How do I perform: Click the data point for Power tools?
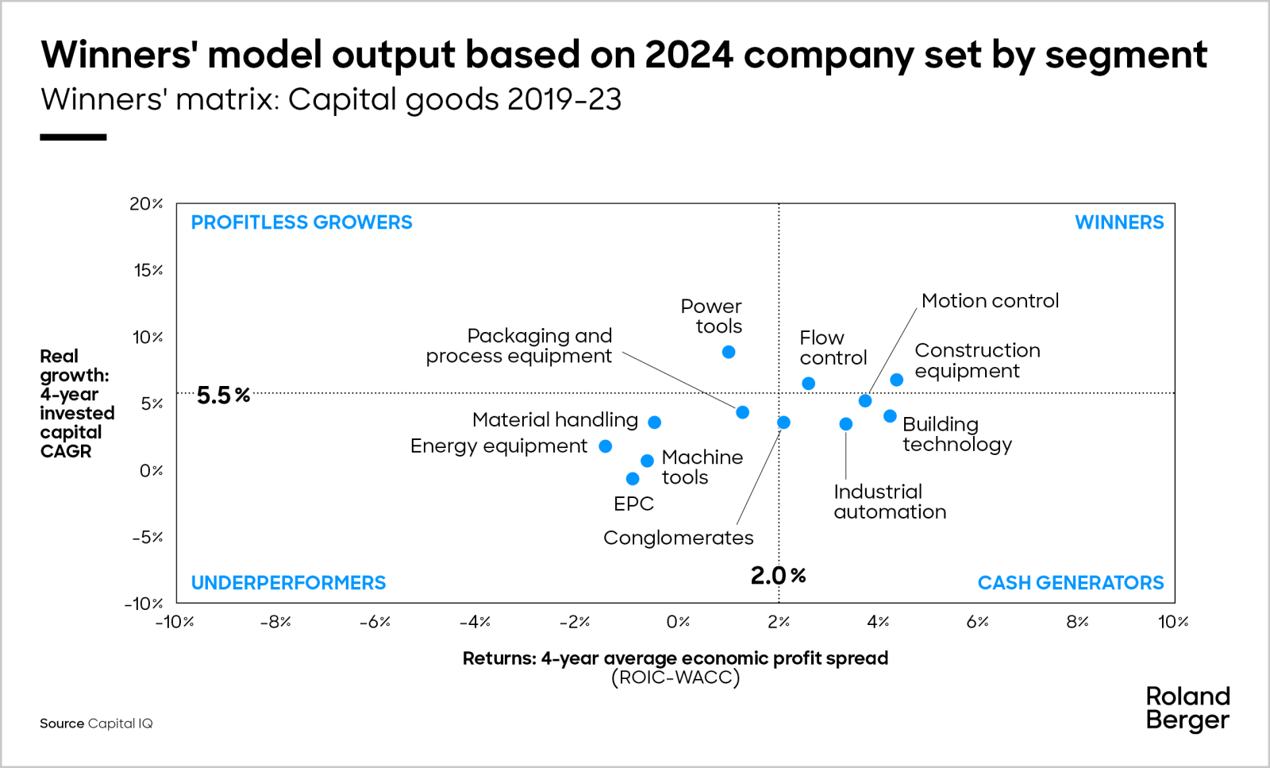click(729, 352)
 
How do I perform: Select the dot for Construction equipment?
click(896, 380)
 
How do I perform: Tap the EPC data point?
click(633, 479)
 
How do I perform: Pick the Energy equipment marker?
click(606, 446)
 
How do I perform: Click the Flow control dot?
click(808, 384)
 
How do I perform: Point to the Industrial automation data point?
click(846, 424)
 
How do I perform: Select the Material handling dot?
click(654, 423)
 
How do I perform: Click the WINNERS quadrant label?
click(1118, 222)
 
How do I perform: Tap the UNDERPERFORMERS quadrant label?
click(288, 583)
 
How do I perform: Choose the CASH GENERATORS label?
click(1070, 583)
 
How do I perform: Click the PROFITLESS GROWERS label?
click(302, 222)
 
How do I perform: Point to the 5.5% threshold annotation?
click(223, 395)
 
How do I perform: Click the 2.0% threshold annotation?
click(778, 576)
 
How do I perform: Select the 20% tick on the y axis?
click(146, 204)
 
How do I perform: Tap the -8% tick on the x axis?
click(275, 622)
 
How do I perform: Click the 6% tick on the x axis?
click(977, 622)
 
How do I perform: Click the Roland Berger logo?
click(1187, 708)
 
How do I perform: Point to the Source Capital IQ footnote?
click(96, 724)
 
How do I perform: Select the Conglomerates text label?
click(678, 538)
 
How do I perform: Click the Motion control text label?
click(990, 301)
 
